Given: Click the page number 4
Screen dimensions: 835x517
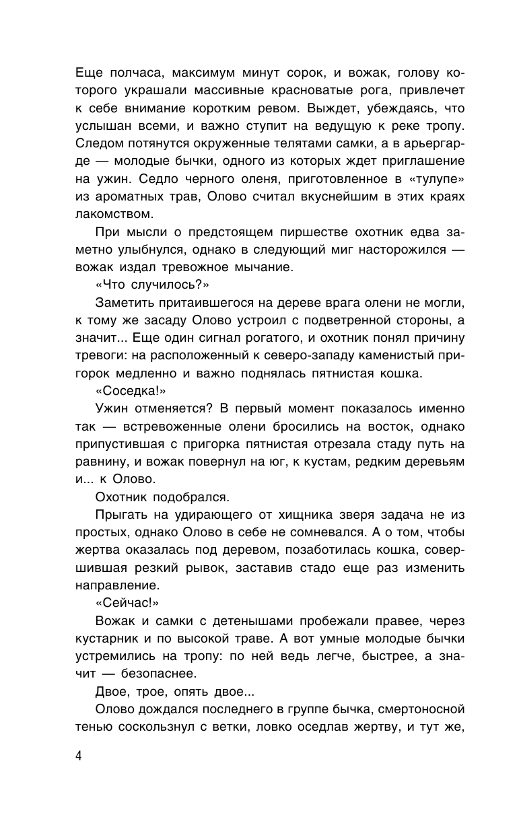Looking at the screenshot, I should pyautogui.click(x=78, y=756).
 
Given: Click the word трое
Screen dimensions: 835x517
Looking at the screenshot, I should pyautogui.click(x=160, y=690).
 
